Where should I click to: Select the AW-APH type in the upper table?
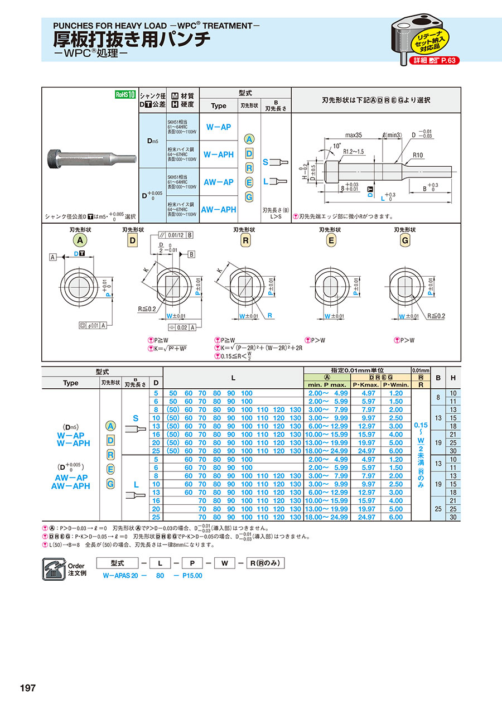click(x=218, y=210)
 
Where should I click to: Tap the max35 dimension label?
click(x=354, y=136)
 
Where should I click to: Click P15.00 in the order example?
click(x=192, y=576)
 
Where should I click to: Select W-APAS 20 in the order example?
click(x=120, y=576)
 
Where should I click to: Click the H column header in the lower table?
click(x=453, y=378)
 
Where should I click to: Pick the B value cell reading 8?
click(x=439, y=397)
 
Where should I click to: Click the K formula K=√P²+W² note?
click(x=170, y=349)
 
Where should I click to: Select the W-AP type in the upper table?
click(x=218, y=127)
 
